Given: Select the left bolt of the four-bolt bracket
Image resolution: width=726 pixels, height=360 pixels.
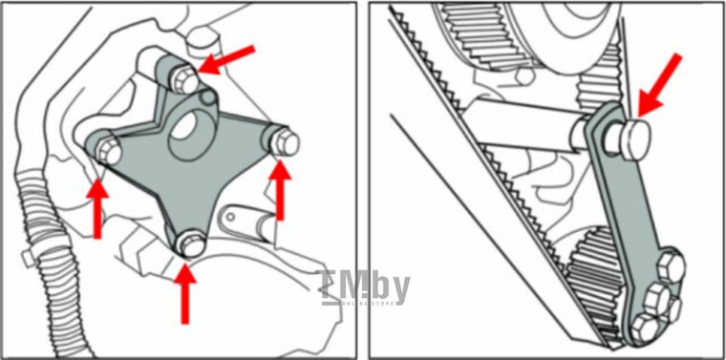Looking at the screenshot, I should coord(106,151).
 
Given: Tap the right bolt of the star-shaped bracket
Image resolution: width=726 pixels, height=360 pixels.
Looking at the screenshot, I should coord(284,142).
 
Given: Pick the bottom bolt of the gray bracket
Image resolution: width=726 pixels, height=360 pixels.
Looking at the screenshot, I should coord(191,244).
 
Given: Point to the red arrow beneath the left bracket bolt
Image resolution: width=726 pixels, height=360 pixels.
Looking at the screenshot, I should coord(97,205).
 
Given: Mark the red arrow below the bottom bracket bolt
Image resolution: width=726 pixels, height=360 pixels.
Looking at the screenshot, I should coord(186,291).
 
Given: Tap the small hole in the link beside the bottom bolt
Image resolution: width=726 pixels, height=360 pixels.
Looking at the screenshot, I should coord(229,218).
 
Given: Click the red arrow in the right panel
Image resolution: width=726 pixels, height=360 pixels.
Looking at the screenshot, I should coord(661,82).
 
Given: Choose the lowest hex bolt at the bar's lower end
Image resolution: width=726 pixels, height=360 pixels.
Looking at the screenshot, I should coord(646,328).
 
